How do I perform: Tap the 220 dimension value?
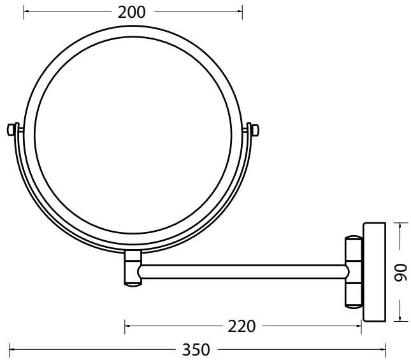(242, 326)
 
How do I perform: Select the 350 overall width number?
(196, 349)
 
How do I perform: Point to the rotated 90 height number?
(400, 272)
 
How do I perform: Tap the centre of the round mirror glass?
(134, 138)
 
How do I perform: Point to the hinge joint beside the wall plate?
(352, 272)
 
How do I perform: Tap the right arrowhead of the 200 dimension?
(240, 11)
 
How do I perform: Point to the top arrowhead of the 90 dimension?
(400, 224)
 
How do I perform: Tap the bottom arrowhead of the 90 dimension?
(400, 320)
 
